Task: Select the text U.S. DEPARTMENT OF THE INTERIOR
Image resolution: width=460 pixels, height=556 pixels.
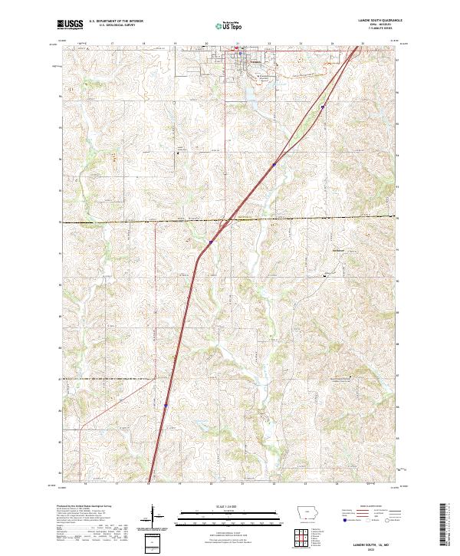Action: (x=116, y=21)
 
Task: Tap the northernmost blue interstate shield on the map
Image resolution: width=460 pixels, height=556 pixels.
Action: (x=323, y=107)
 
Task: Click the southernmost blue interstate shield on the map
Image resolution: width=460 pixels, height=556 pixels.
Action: (x=166, y=406)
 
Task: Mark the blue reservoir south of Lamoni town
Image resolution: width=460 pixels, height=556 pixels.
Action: (x=251, y=95)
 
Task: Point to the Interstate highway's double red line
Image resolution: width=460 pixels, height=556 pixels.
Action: (x=184, y=307)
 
